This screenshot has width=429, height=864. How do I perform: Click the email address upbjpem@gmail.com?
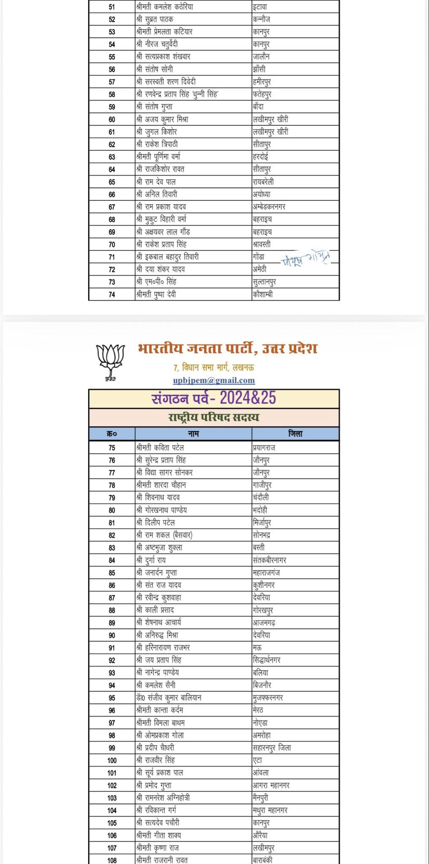[x=214, y=380]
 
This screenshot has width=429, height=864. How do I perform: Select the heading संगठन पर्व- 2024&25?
[x=214, y=398]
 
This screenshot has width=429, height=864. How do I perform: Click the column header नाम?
[x=193, y=434]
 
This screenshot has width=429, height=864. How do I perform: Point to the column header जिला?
[x=295, y=434]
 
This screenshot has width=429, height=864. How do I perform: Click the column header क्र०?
[x=111, y=434]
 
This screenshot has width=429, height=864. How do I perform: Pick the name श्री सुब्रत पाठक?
[x=155, y=19]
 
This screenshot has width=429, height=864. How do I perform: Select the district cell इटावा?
[x=260, y=7]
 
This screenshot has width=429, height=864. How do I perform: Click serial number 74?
[x=111, y=294]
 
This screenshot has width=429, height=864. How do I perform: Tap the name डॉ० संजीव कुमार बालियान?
[x=168, y=698]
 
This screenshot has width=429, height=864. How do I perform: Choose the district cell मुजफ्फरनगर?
[x=268, y=698]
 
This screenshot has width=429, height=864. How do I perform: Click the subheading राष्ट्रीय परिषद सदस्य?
[x=214, y=418]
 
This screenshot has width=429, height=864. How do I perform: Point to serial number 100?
[x=111, y=760]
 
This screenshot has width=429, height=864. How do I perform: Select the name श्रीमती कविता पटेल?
[x=160, y=448]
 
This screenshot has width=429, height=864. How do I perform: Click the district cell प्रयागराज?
[x=264, y=448]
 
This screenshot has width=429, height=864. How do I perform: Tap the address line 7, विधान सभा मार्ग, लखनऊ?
[x=214, y=367]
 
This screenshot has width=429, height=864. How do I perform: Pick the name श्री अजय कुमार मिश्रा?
[x=162, y=119]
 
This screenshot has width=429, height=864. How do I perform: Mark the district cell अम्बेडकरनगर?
[x=269, y=207]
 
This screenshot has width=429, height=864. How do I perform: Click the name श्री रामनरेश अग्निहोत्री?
[x=163, y=798]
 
